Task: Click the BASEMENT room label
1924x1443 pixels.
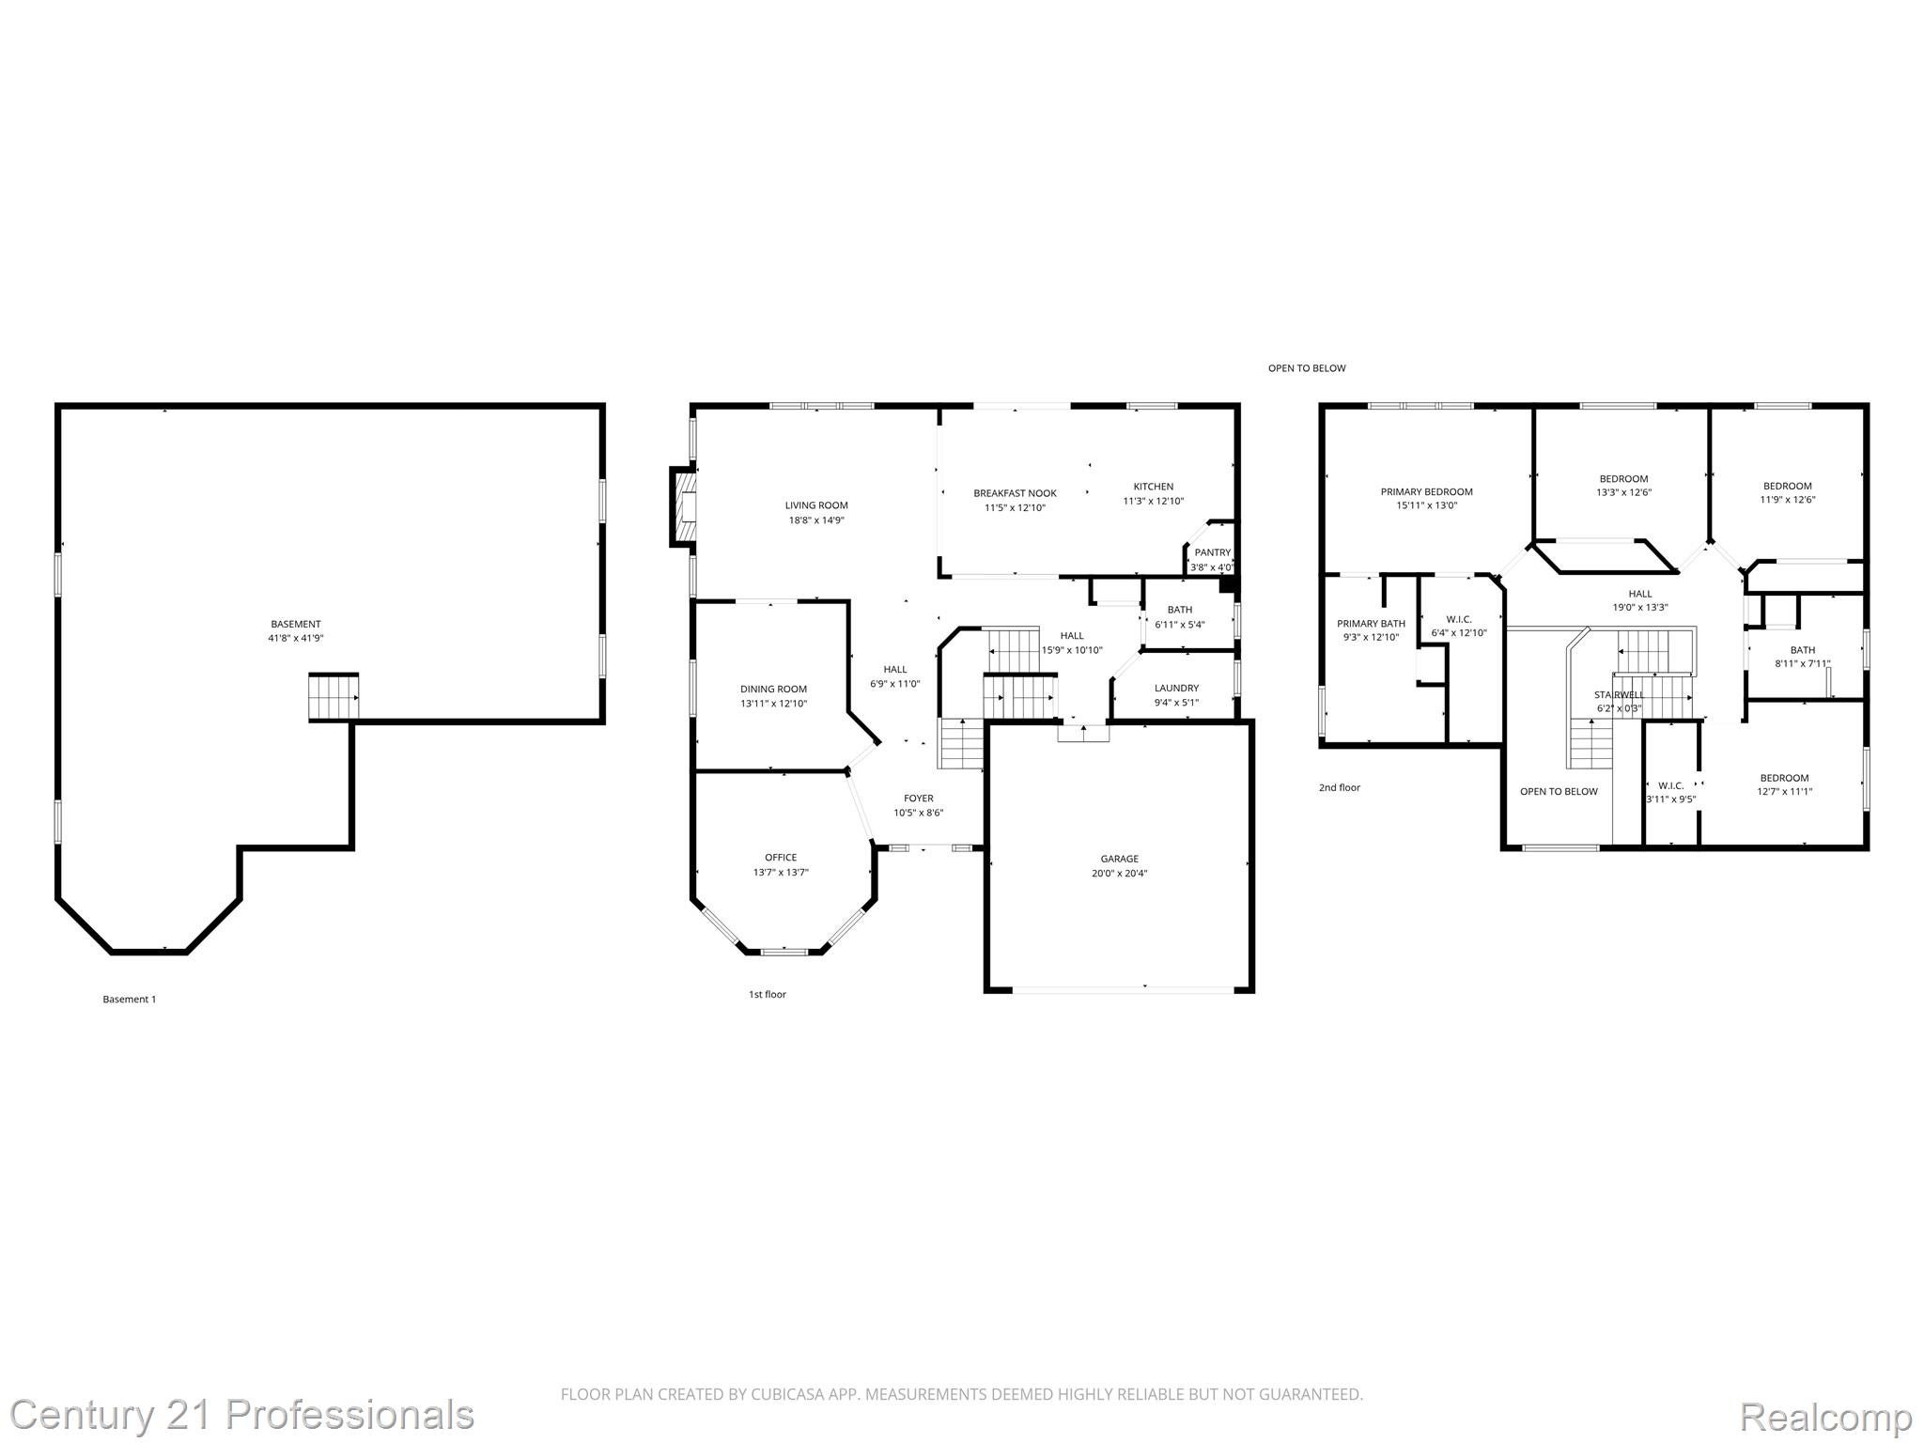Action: pos(296,624)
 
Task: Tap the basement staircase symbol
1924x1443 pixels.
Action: pos(334,698)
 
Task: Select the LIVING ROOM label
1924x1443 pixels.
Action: pos(816,505)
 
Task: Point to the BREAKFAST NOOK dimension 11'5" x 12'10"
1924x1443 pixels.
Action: pos(1015,507)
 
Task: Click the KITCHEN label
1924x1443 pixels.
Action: pos(1153,487)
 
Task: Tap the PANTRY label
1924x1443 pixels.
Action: pos(1212,552)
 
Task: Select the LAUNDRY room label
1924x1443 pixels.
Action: pos(1176,688)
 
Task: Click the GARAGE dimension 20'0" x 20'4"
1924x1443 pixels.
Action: pos(1119,873)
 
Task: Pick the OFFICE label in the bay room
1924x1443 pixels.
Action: pos(780,857)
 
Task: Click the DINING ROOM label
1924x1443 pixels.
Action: pos(773,689)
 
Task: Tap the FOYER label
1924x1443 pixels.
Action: pos(918,799)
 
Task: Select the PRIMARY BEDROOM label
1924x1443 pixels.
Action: pos(1426,491)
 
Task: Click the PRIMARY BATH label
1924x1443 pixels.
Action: pos(1371,623)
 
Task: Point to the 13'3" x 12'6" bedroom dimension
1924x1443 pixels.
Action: pos(1623,492)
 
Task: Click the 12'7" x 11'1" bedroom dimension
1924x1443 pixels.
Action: pos(1784,791)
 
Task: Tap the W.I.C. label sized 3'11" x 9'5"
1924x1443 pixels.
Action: pos(1670,785)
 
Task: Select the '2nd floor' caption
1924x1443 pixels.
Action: pos(1339,787)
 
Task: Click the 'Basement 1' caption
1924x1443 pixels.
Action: pos(129,999)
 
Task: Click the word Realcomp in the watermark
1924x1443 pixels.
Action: pos(1825,1416)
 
